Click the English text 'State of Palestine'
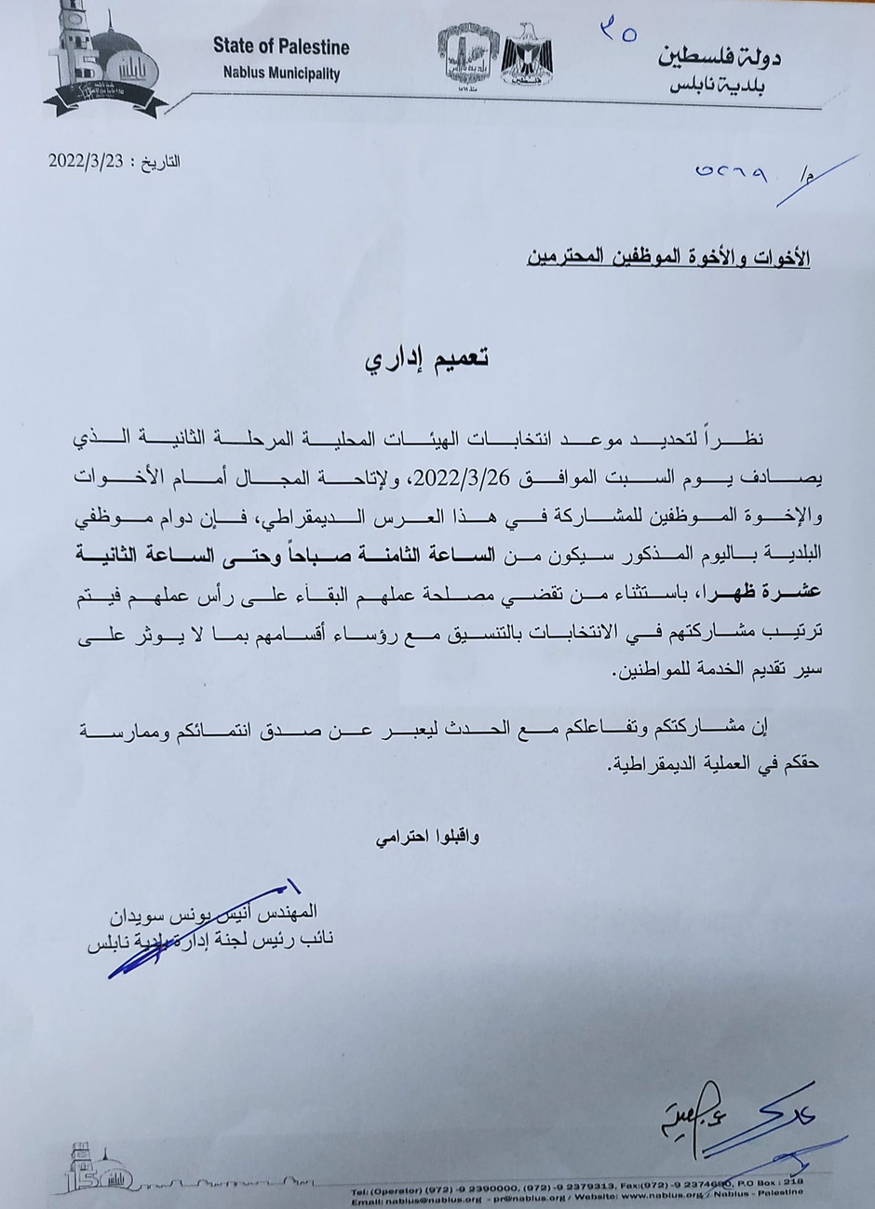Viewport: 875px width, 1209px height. coord(281,47)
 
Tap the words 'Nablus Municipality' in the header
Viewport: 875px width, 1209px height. coord(281,73)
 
